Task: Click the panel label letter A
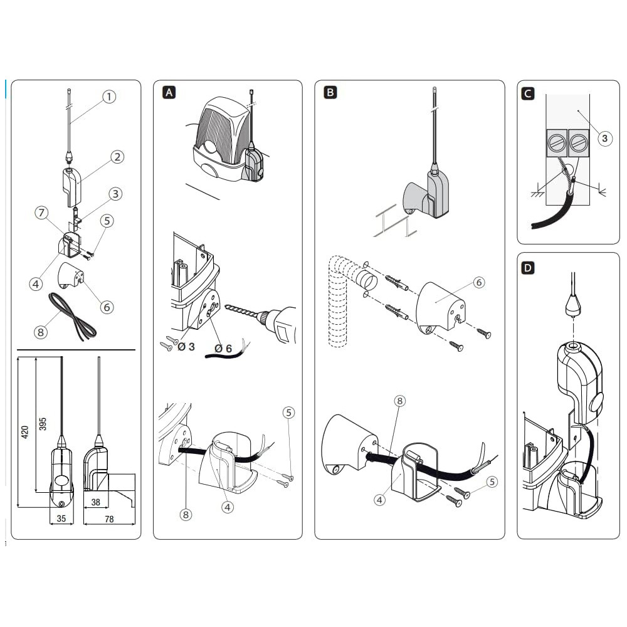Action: click(x=169, y=93)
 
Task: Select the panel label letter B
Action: click(x=330, y=92)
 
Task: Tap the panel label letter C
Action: click(x=528, y=93)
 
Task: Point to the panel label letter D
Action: click(x=528, y=268)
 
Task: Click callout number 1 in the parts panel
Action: click(x=109, y=97)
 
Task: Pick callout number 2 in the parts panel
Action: click(x=117, y=157)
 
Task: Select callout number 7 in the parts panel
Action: click(x=41, y=213)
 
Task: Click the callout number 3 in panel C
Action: click(x=604, y=139)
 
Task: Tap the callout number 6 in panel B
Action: click(x=478, y=283)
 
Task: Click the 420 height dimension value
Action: click(x=25, y=432)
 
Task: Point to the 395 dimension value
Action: click(x=43, y=424)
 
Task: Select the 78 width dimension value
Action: click(x=109, y=519)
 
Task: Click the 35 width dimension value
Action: click(x=61, y=519)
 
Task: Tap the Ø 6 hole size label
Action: click(x=223, y=349)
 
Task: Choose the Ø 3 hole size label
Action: click(x=186, y=347)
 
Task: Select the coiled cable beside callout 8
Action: click(x=72, y=317)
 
